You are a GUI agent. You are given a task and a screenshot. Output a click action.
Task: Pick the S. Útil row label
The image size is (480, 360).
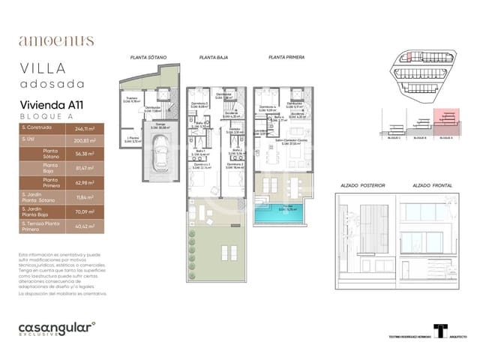(x=30, y=139)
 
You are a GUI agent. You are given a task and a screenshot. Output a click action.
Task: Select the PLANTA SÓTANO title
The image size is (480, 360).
(x=148, y=57)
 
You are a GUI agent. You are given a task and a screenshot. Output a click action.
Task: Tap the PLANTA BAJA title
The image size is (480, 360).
(x=214, y=57)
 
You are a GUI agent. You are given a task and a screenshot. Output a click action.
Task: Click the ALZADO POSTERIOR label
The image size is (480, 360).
(x=363, y=184)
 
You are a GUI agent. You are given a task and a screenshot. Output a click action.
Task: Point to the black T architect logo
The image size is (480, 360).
(x=441, y=331)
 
